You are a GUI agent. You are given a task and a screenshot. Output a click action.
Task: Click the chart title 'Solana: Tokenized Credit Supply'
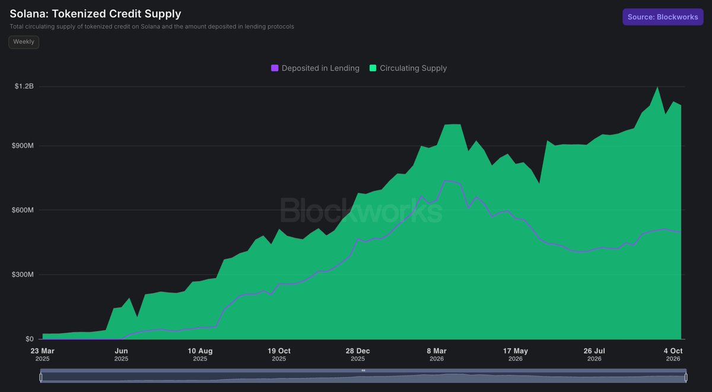click(96, 14)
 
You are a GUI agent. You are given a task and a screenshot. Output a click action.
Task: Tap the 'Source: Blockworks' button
click(663, 17)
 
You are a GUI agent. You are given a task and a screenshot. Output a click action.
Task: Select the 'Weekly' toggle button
click(24, 42)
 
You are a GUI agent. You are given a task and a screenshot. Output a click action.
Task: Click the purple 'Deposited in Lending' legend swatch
click(275, 68)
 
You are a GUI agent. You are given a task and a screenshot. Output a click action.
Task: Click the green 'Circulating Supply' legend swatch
click(373, 68)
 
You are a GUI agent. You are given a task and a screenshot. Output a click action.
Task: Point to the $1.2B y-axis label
click(24, 86)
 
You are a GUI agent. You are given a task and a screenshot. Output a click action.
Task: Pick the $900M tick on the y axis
click(23, 145)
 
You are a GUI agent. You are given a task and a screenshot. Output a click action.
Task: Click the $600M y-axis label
click(23, 210)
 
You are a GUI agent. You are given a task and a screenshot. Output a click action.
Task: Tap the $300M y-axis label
click(23, 275)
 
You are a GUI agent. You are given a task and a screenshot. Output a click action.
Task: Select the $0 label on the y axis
click(30, 339)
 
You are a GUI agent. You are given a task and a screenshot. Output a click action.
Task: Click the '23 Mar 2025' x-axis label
click(42, 355)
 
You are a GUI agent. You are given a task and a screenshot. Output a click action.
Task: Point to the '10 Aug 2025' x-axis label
click(200, 355)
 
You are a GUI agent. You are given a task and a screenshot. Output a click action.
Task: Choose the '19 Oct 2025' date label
click(279, 355)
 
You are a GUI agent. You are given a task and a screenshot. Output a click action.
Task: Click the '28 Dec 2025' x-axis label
click(358, 355)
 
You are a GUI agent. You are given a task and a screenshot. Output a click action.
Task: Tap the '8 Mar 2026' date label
click(437, 355)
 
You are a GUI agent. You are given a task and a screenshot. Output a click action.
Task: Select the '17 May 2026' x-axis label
click(515, 355)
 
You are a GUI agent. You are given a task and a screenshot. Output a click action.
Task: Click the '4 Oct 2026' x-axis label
click(673, 355)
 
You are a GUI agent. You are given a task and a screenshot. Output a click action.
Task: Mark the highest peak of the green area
click(657, 87)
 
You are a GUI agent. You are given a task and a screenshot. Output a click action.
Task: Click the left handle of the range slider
click(41, 377)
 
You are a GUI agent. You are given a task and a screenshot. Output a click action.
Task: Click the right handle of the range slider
click(686, 377)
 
